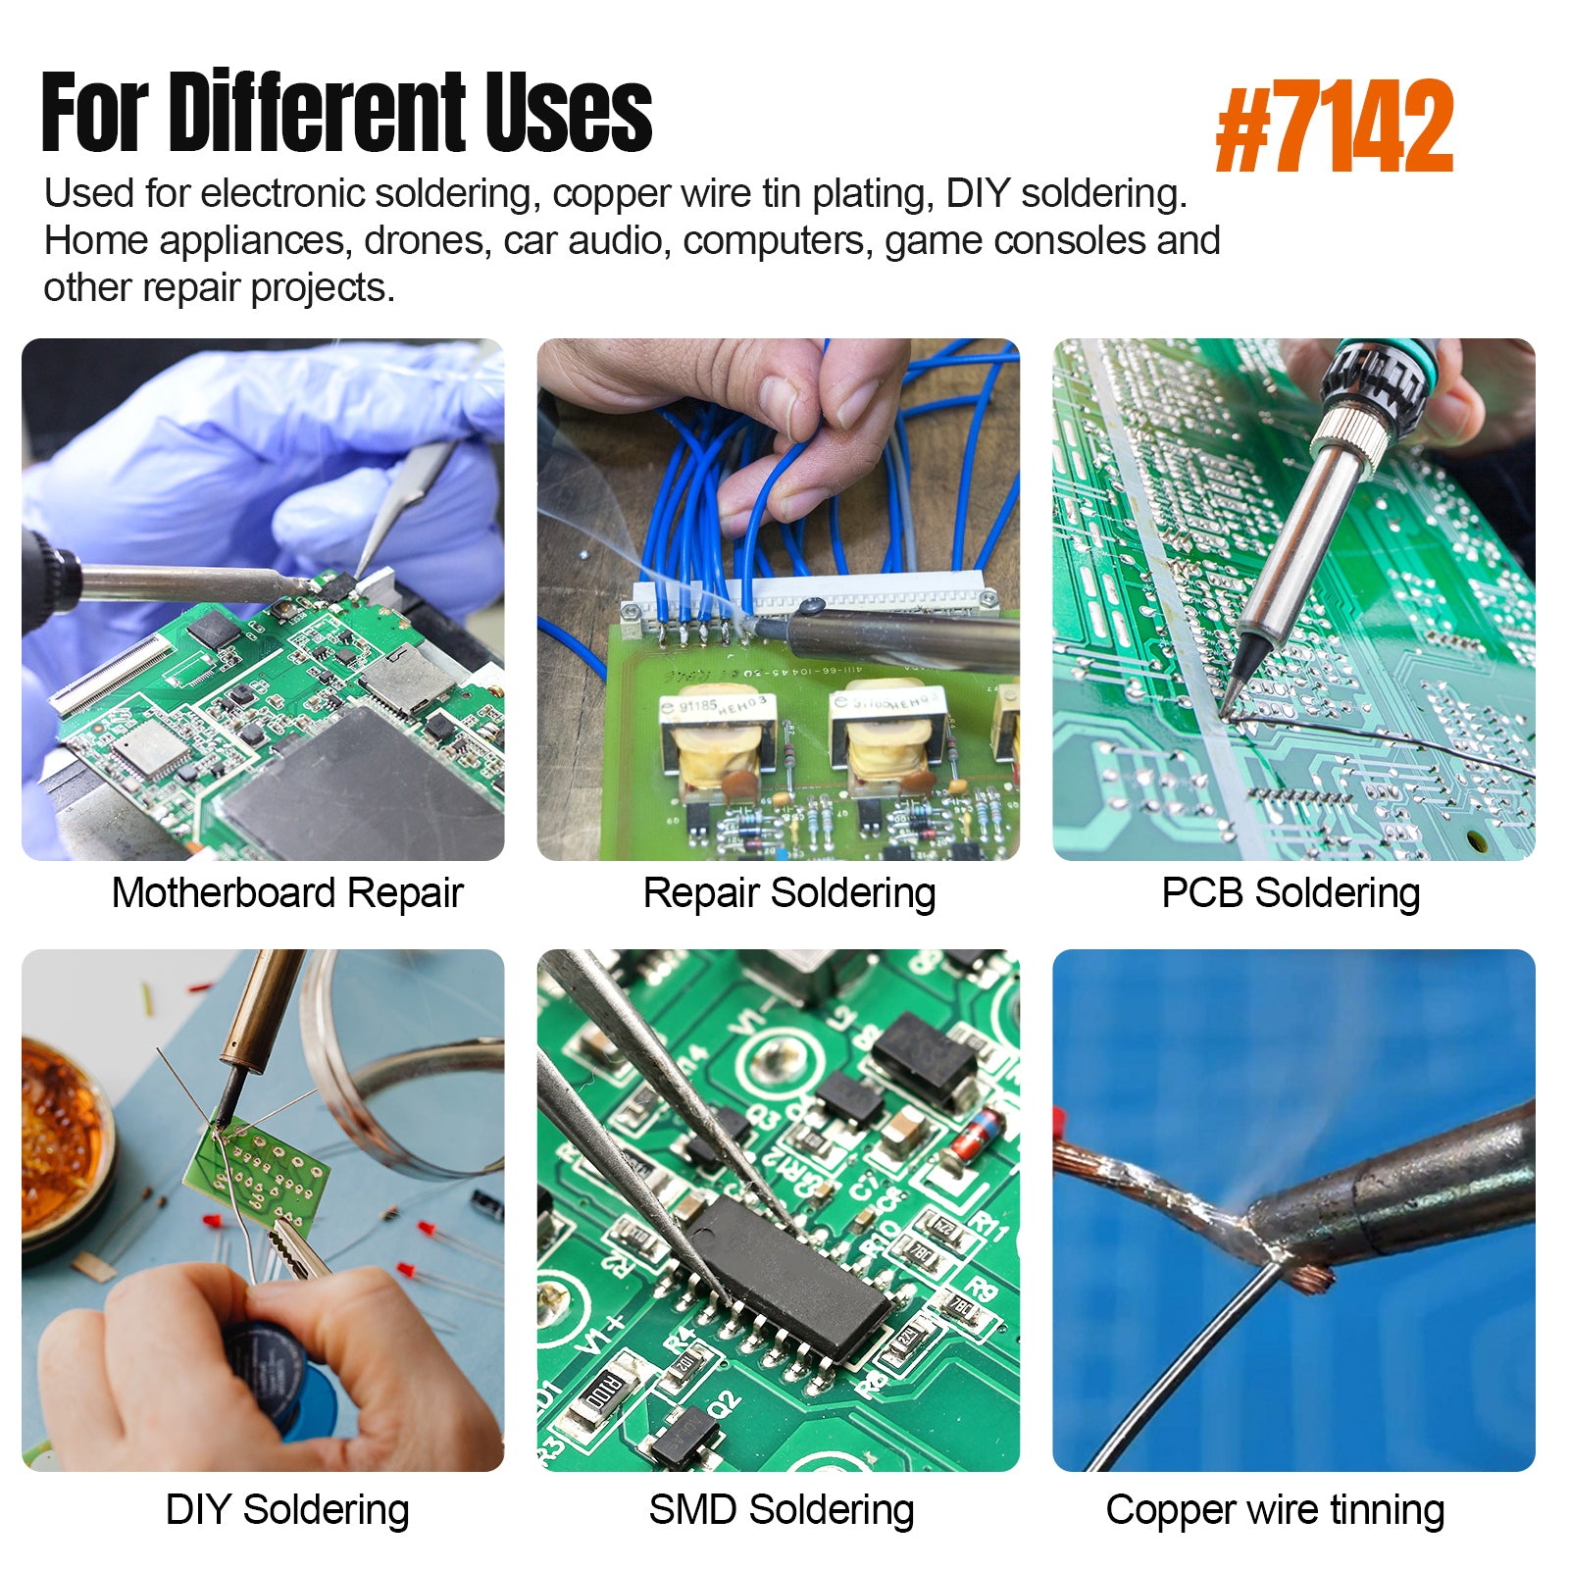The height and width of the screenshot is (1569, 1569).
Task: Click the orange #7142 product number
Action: click(x=1334, y=127)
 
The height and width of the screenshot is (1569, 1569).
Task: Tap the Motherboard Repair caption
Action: click(x=287, y=893)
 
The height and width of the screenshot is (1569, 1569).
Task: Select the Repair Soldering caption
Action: click(x=789, y=894)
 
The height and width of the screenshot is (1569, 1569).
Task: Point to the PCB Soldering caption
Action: click(x=1291, y=894)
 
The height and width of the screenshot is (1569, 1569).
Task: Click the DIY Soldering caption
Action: click(x=287, y=1510)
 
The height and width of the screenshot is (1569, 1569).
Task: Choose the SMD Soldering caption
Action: click(x=782, y=1510)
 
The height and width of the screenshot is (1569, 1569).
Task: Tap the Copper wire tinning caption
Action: click(x=1275, y=1510)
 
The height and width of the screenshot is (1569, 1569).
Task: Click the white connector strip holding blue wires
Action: click(x=810, y=593)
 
